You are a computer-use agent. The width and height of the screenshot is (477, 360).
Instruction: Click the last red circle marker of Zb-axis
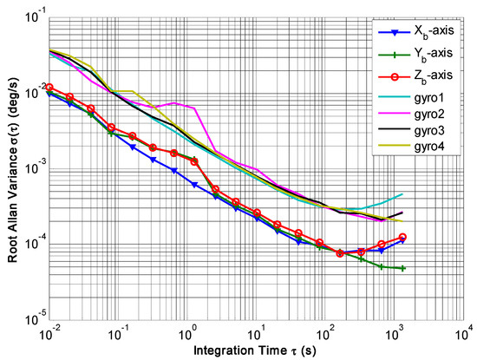pyautogui.click(x=403, y=237)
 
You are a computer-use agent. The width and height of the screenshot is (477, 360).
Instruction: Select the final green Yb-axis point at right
pyautogui.click(x=403, y=268)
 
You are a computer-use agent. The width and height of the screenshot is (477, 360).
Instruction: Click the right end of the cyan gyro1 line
pyautogui.click(x=403, y=194)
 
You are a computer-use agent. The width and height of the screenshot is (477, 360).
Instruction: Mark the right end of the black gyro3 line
pyautogui.click(x=403, y=213)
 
